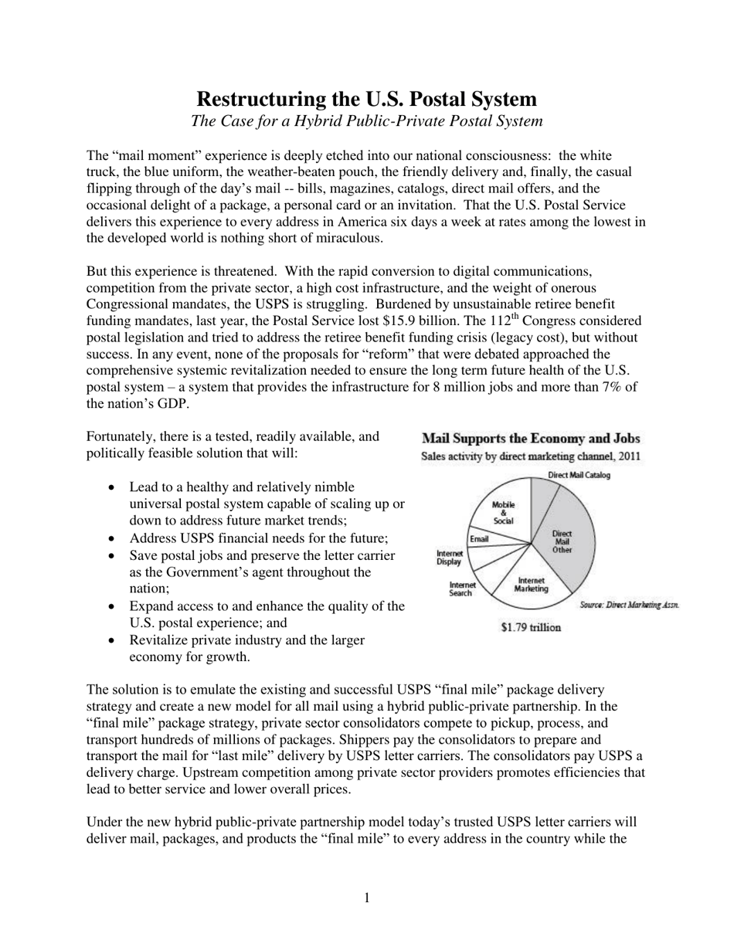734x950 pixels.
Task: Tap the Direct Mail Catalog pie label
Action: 578,475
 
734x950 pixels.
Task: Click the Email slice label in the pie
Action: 479,538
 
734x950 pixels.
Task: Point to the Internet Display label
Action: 449,557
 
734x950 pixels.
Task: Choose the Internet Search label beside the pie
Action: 460,589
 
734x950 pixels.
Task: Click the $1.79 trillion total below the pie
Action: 531,627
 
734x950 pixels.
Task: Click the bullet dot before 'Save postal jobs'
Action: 114,556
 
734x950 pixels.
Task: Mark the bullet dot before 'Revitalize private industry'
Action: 114,640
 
